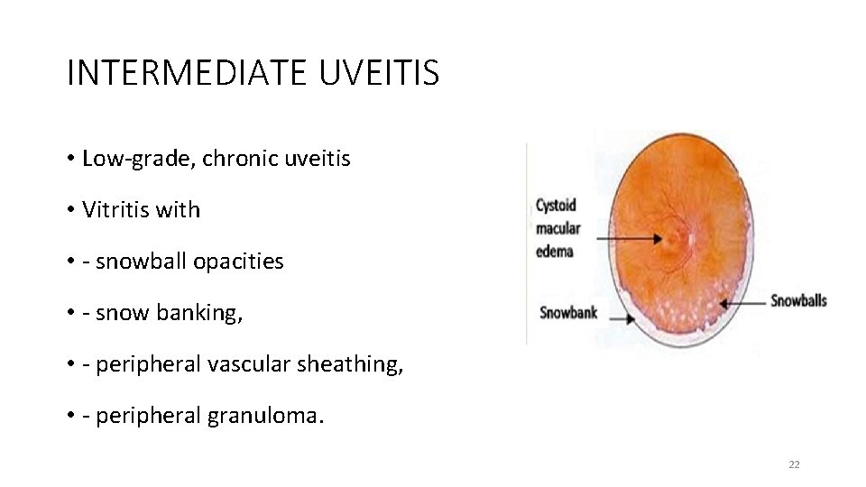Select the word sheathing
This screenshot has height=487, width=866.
(x=351, y=364)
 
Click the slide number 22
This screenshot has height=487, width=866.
(x=794, y=464)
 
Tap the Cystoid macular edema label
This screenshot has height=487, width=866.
(x=557, y=228)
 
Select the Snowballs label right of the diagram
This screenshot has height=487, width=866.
(x=798, y=300)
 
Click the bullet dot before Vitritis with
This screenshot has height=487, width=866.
(x=69, y=211)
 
